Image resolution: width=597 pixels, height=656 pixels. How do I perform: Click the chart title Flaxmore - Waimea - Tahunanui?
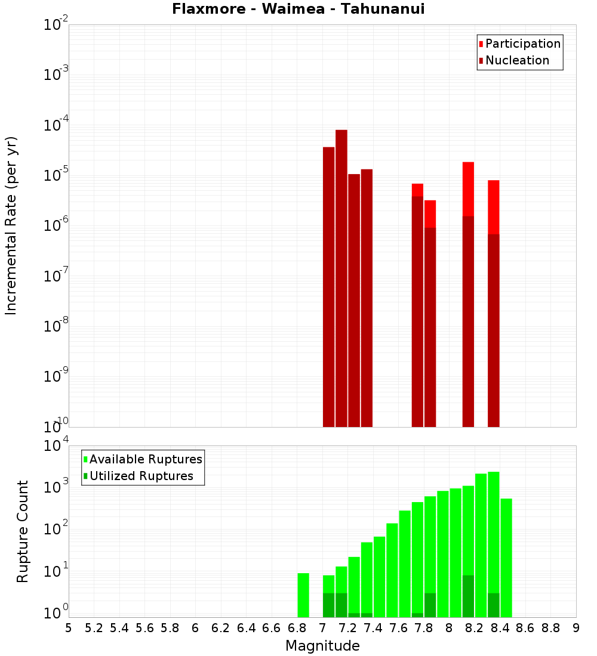point(298,9)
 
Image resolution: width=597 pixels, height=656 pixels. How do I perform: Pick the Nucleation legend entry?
point(517,60)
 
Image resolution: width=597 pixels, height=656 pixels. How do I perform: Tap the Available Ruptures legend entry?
point(146,459)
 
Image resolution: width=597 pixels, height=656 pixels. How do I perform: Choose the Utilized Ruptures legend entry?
point(141,476)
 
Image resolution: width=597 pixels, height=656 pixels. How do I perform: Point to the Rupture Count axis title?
point(23,531)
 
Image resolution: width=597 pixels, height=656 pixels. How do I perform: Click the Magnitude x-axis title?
point(322,646)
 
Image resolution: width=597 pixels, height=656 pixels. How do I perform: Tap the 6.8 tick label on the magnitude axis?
point(297,628)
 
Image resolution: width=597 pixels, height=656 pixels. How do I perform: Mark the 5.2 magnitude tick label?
point(94,628)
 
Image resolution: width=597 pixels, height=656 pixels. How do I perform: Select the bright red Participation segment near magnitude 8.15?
point(468,188)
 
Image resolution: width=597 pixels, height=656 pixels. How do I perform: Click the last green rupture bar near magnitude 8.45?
point(506,558)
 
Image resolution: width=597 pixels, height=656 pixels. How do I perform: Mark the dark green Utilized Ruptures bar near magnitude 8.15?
point(468,596)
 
